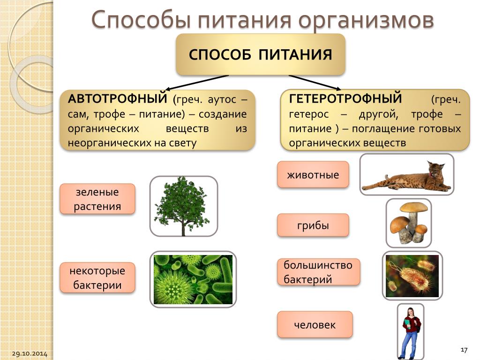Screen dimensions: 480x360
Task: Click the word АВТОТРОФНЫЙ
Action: [x=117, y=98]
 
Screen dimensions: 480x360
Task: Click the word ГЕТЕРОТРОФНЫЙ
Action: [x=345, y=98]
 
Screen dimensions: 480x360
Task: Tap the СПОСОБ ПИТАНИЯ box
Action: [x=261, y=54]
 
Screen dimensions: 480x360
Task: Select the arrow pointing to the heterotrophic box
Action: [x=315, y=82]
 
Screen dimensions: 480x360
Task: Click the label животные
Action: [x=313, y=174]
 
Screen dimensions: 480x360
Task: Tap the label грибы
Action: [x=313, y=225]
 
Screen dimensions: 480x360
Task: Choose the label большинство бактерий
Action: [x=318, y=272]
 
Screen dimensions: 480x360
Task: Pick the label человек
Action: [x=315, y=324]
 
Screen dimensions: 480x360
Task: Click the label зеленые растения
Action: [x=97, y=199]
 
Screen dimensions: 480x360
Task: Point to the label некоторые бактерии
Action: [x=97, y=277]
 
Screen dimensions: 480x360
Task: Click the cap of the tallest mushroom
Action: [x=414, y=208]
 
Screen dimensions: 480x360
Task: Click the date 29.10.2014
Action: [x=30, y=353]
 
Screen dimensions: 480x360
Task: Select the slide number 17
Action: [x=464, y=350]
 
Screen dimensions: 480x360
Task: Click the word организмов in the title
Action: [x=366, y=20]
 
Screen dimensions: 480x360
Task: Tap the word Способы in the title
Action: [x=142, y=20]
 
